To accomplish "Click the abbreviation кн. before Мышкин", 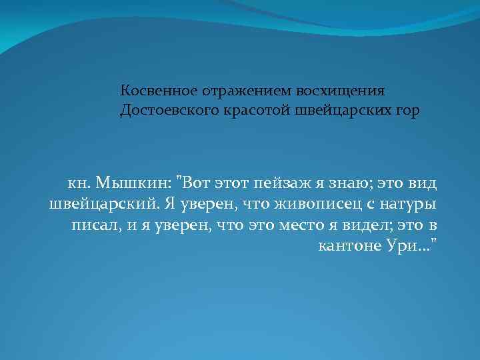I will click(80, 181).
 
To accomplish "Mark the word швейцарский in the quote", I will click(96, 203).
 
